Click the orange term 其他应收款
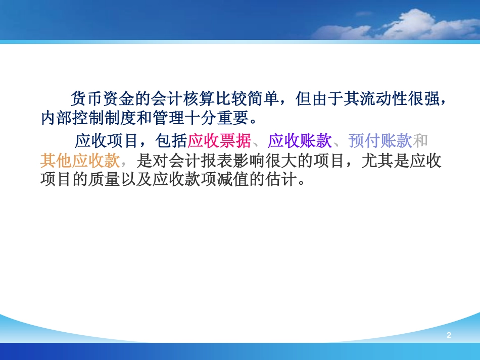click(x=80, y=161)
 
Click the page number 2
click(x=448, y=335)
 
